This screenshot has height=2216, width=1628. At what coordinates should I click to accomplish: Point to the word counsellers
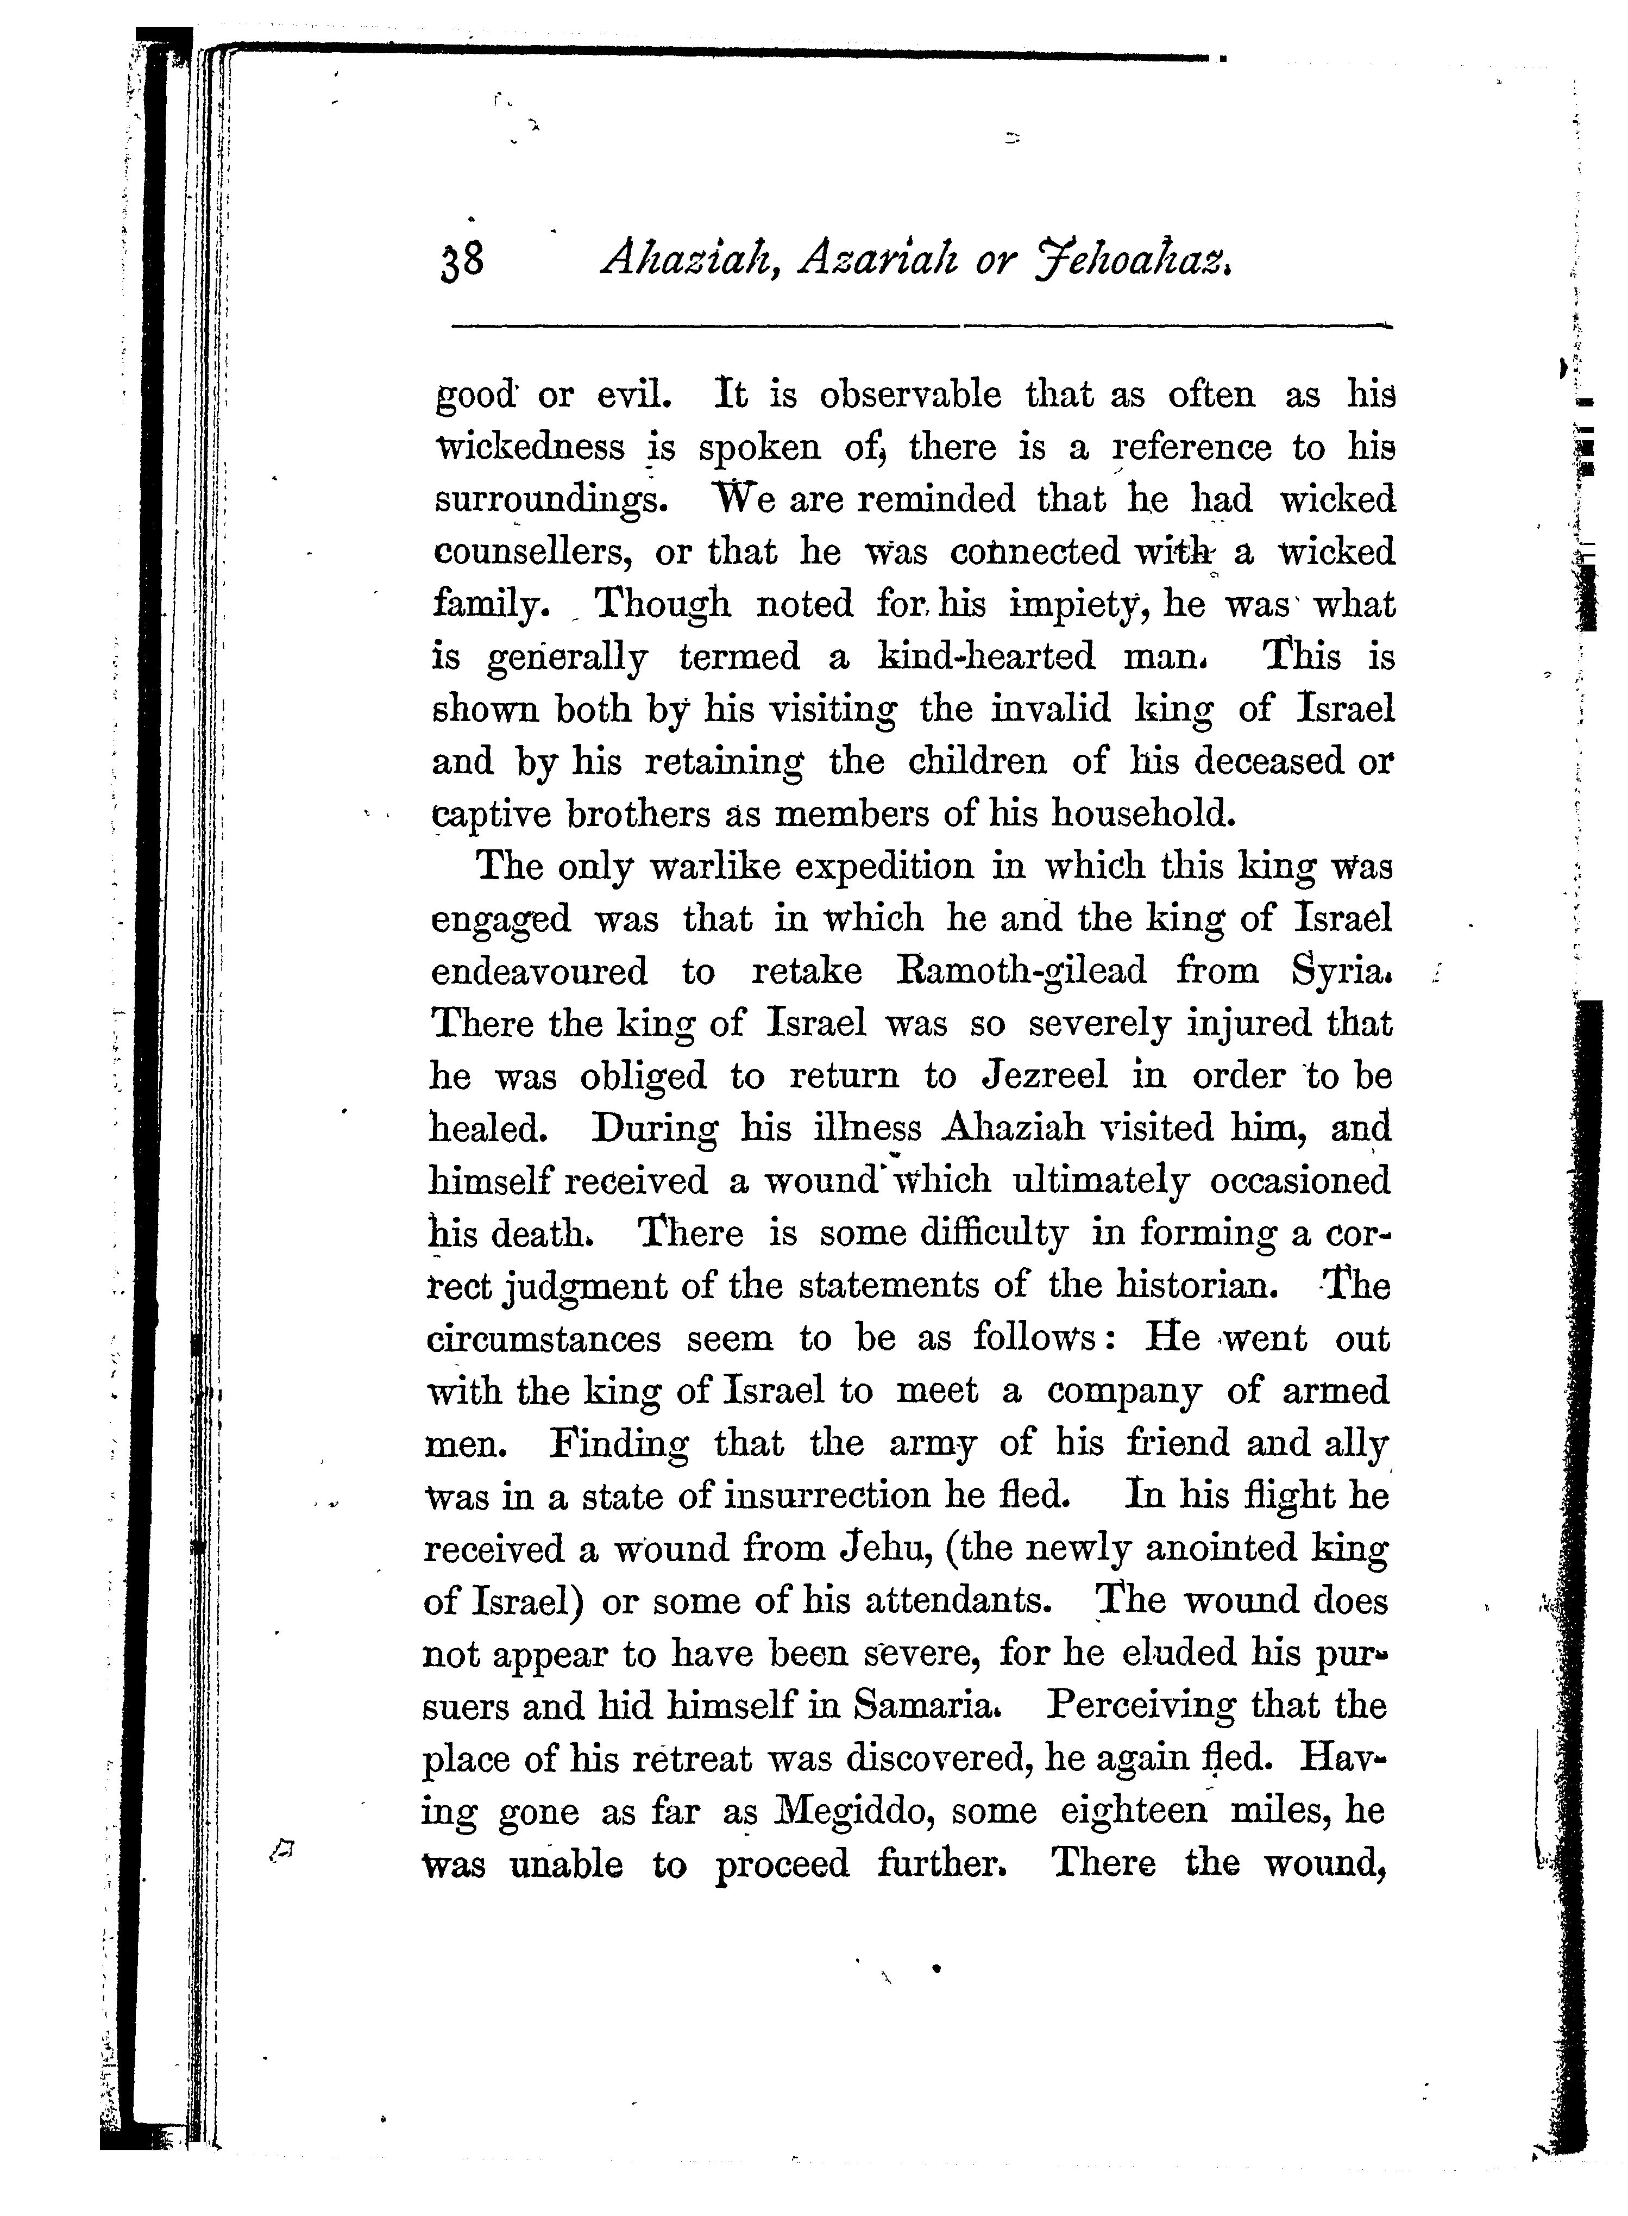point(532,552)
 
